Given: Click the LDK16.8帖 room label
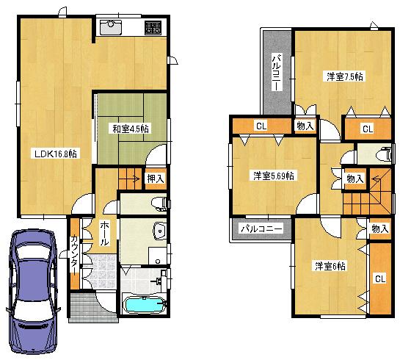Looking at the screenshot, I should click(x=55, y=154).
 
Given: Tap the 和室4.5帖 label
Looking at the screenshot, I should click(x=131, y=129).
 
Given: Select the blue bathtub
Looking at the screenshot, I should click(x=145, y=305).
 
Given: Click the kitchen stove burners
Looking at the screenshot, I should click(x=153, y=28).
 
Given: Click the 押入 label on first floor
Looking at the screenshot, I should click(x=155, y=177).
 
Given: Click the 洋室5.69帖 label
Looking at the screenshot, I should click(x=274, y=176).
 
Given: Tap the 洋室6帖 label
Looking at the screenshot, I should click(x=330, y=265).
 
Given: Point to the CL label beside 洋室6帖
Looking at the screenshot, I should click(x=380, y=278).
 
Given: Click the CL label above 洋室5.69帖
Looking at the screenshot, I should click(x=261, y=126).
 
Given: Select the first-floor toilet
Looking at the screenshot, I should click(x=156, y=203).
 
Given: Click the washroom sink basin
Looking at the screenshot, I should click(x=157, y=231).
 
